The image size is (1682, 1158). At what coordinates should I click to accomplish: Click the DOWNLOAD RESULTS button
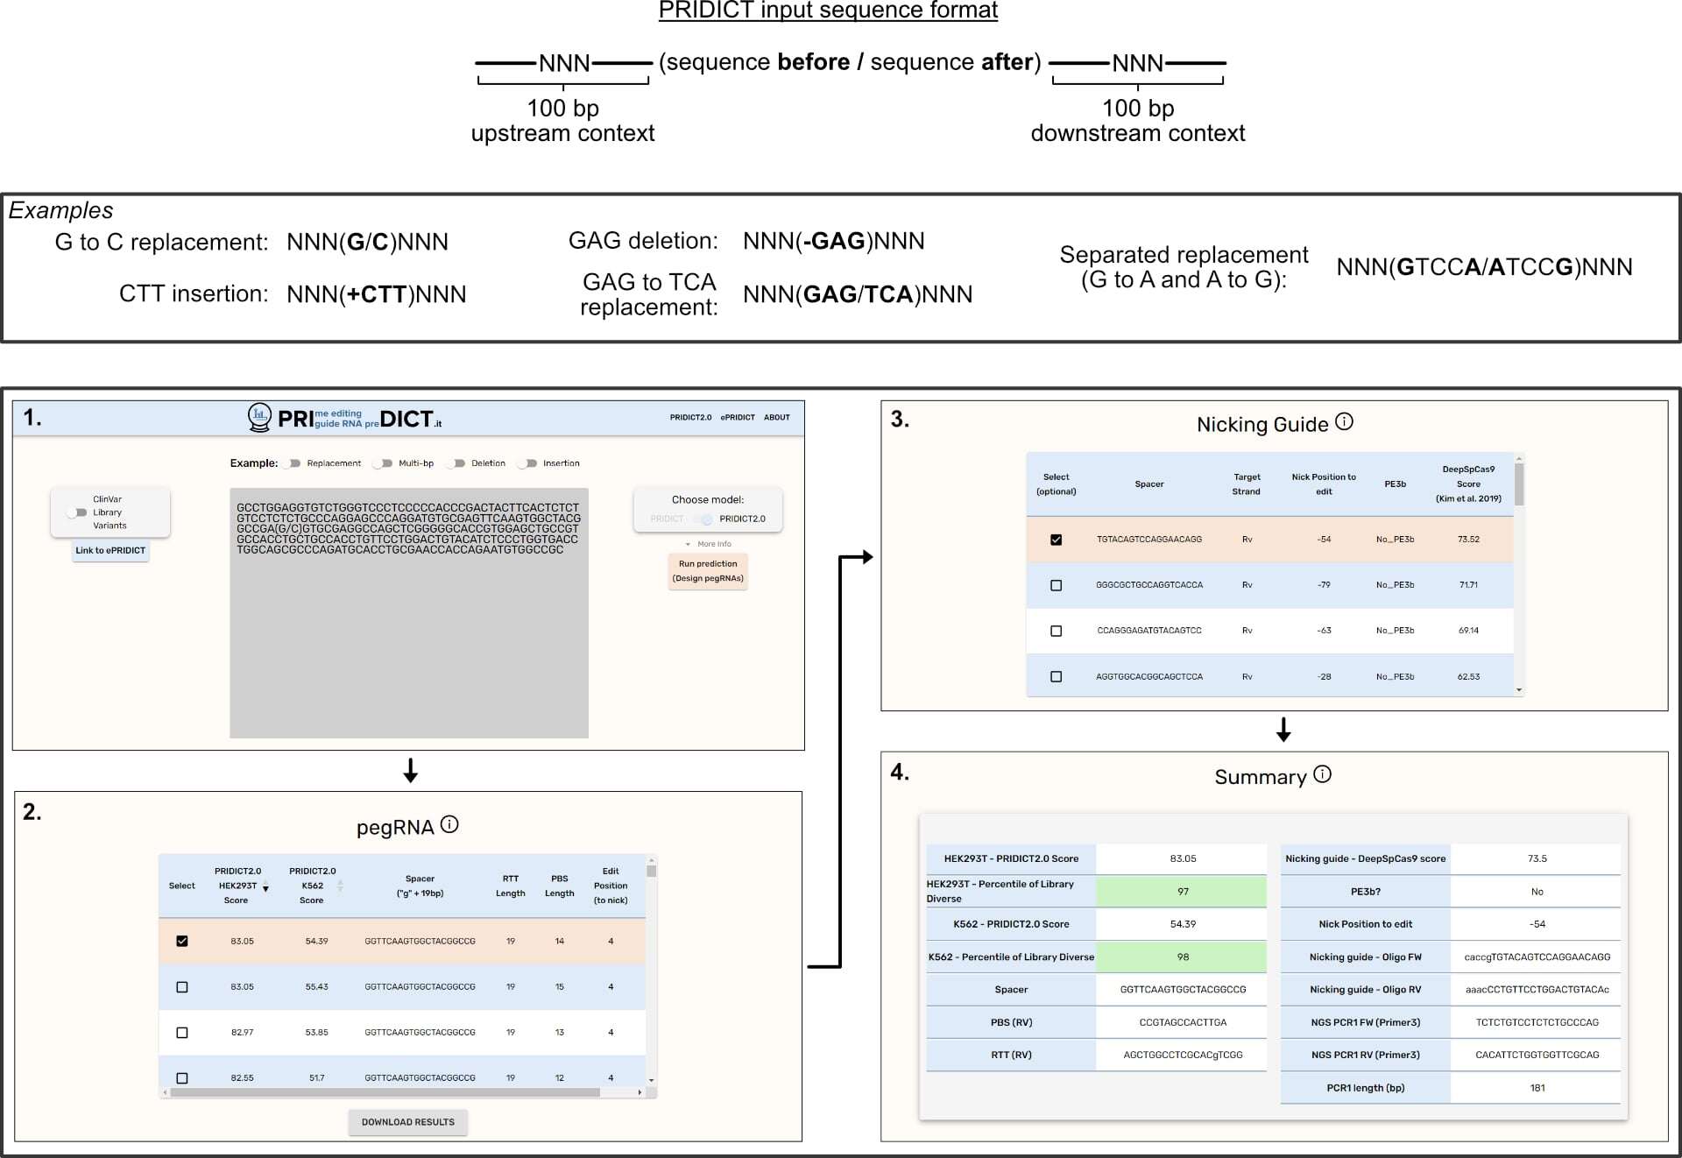tap(407, 1122)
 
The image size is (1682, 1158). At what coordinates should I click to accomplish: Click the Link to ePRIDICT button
tap(110, 551)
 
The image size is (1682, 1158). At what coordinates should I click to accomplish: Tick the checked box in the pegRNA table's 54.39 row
tap(182, 941)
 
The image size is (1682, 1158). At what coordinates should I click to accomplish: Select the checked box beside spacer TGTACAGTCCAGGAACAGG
tap(1056, 540)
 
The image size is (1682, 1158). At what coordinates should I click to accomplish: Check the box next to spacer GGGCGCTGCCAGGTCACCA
tap(1056, 585)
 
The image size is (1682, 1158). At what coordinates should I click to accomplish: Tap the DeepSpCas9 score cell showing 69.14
tap(1468, 631)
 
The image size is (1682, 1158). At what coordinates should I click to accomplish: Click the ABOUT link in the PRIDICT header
tap(776, 418)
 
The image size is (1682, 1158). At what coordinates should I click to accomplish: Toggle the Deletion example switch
tap(456, 463)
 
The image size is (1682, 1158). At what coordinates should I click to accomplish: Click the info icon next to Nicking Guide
tap(1344, 422)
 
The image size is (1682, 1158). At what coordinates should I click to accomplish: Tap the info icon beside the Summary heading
tap(1323, 774)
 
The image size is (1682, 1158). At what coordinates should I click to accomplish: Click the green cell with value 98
tap(1182, 957)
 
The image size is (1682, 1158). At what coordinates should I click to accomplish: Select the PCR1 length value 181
tap(1537, 1088)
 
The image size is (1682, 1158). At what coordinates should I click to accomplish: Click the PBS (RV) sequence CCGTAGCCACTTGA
tap(1182, 1022)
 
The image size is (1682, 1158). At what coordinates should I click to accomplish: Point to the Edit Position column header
tap(611, 886)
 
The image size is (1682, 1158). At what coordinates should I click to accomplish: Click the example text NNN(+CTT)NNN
tap(376, 294)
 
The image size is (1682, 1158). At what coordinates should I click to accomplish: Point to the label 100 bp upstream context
tap(562, 121)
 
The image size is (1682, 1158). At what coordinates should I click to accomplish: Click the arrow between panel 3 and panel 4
tap(1283, 730)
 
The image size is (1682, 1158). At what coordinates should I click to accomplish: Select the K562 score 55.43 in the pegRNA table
tap(316, 987)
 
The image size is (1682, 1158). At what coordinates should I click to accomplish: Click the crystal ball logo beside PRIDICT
tap(259, 418)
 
